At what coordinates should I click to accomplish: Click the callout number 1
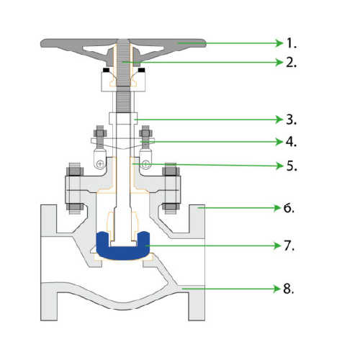(x=292, y=43)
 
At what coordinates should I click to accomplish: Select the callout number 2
(x=292, y=63)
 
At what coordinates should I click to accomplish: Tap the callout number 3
(x=292, y=120)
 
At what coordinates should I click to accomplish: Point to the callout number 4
(x=292, y=142)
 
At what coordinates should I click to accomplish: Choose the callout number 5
(x=292, y=166)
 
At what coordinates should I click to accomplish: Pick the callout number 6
(x=289, y=208)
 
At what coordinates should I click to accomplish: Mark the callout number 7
(x=289, y=246)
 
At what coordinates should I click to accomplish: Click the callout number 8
(x=289, y=289)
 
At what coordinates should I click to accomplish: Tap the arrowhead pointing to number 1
(x=279, y=43)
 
